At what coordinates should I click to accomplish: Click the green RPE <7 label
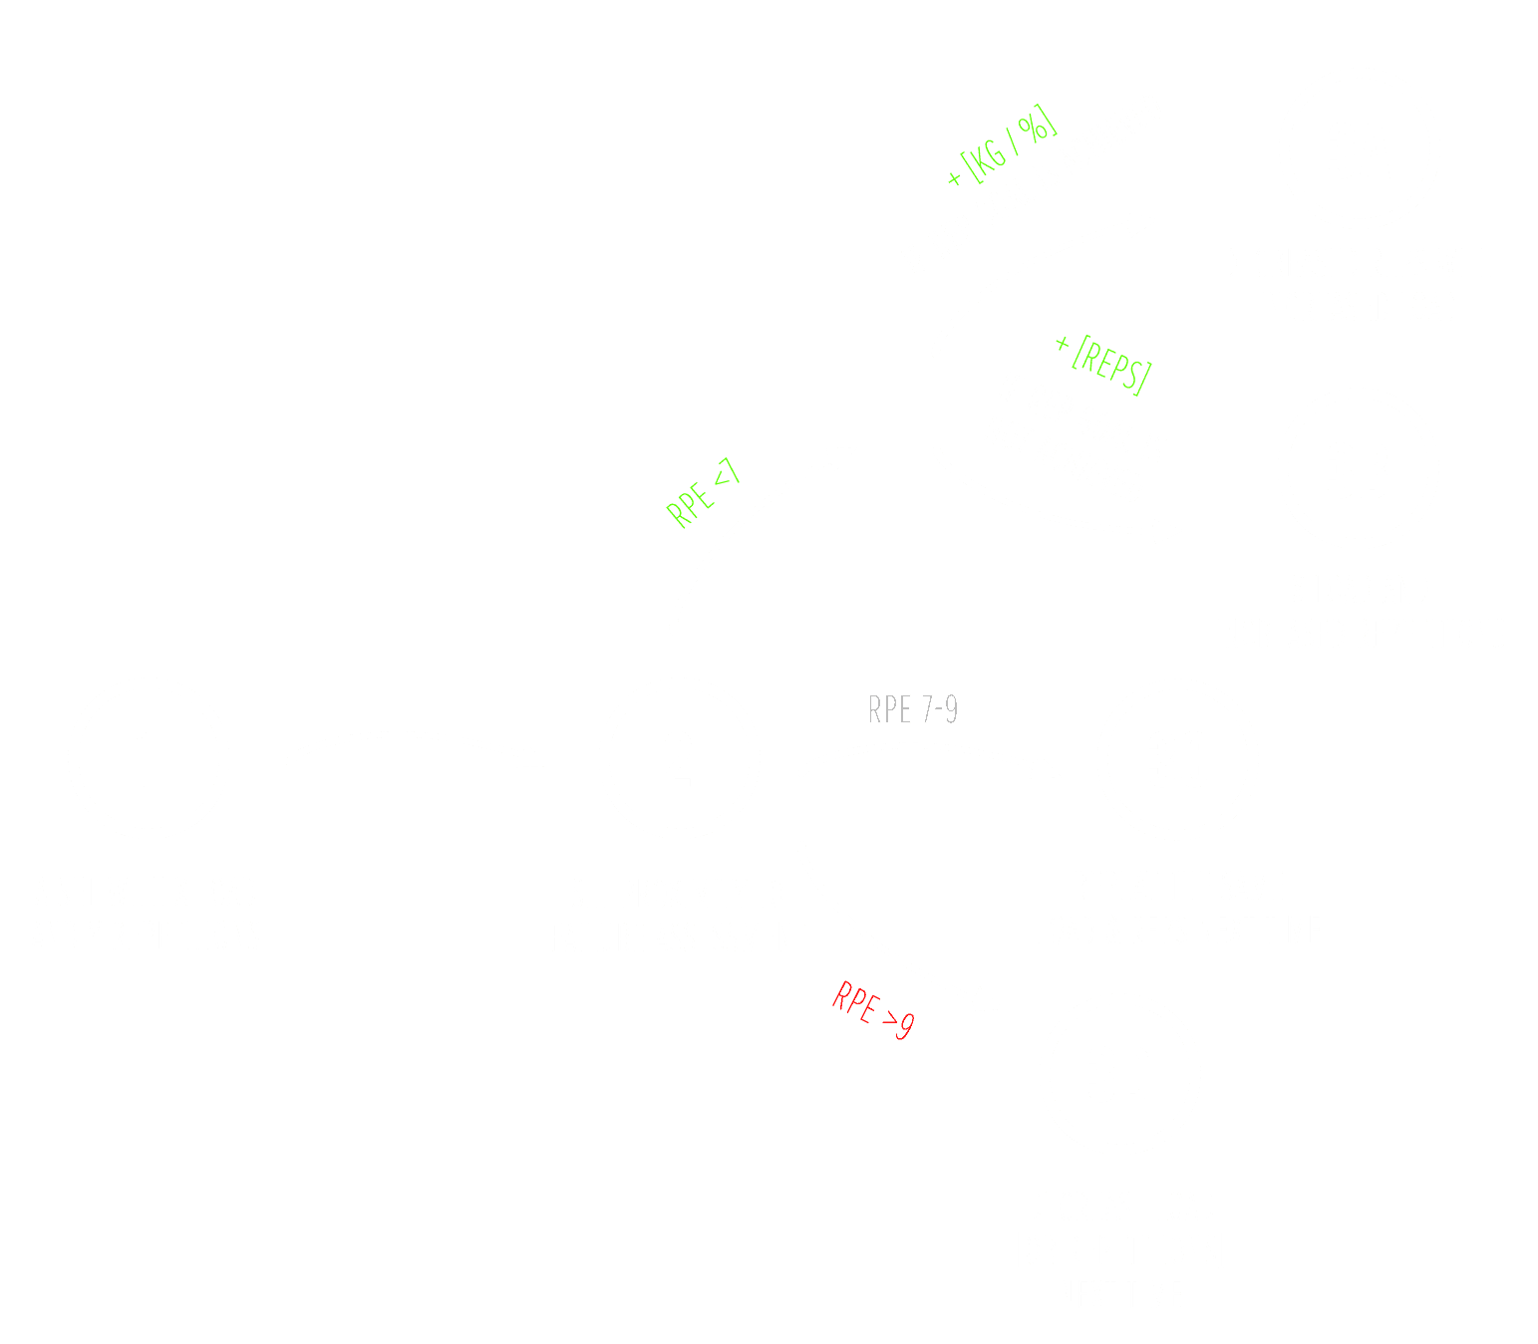pos(704,493)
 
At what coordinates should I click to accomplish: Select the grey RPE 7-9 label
pos(913,709)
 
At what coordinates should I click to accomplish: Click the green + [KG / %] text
pos(1001,148)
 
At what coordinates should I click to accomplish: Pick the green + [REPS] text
pos(1103,363)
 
